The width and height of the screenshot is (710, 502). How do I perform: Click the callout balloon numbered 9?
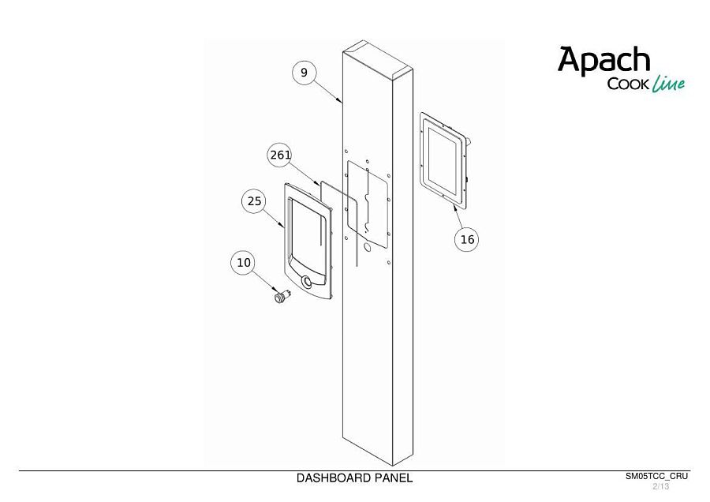point(304,73)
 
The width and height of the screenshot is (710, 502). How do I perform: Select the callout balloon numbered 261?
point(280,155)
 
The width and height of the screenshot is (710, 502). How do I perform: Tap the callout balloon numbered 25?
point(254,200)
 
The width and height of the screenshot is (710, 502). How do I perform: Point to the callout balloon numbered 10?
point(243,263)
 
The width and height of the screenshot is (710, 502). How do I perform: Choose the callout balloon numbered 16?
point(467,239)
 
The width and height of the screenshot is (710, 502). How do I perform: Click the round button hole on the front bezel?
point(307,281)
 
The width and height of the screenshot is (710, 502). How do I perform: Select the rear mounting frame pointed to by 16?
point(443,160)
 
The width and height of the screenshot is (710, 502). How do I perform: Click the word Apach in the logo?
point(603,60)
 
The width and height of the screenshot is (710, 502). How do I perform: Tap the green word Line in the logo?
point(668,84)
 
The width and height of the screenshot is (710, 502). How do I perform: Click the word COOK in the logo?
point(629,84)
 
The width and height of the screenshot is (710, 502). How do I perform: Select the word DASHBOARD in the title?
point(334,478)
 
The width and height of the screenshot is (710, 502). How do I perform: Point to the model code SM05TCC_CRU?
point(656,476)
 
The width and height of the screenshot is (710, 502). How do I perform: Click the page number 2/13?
point(660,486)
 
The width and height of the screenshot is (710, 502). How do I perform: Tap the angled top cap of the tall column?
point(378,58)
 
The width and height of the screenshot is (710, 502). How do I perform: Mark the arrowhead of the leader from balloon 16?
point(455,208)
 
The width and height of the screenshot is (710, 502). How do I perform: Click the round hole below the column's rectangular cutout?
point(367,248)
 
